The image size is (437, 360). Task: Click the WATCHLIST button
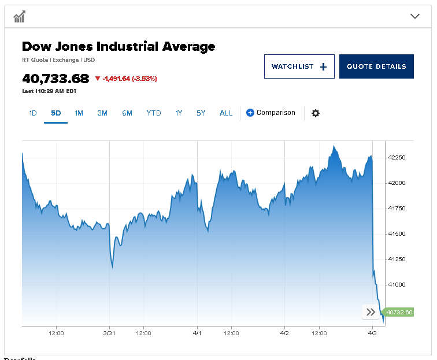[x=299, y=66]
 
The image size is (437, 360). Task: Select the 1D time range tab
[x=33, y=113]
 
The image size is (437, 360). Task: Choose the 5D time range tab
[x=55, y=113]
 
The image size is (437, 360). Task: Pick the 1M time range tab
[x=79, y=113]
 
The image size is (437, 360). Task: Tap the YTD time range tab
[x=154, y=113]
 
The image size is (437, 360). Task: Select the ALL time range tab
[x=226, y=113]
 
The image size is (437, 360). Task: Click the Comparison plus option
[x=271, y=113]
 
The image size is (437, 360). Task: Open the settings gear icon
[x=316, y=113]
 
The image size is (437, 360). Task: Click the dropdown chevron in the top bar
[x=414, y=16]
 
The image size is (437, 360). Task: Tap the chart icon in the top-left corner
[x=20, y=16]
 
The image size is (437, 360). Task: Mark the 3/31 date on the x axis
[x=110, y=333]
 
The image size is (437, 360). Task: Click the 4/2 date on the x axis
[x=284, y=333]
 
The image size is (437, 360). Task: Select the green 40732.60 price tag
[x=399, y=313]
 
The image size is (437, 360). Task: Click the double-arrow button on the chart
[x=370, y=313]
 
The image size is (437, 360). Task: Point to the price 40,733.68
[x=55, y=79]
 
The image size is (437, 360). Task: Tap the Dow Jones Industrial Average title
[x=118, y=47]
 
